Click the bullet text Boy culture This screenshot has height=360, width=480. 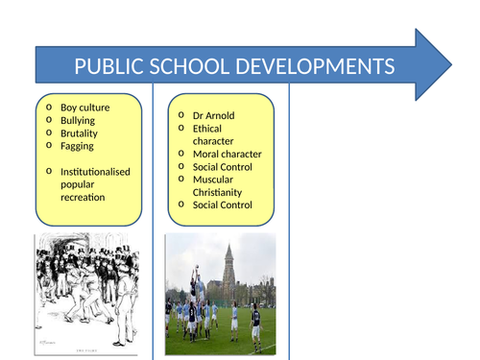(84, 108)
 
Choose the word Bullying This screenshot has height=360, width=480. (79, 121)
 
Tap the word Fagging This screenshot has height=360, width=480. (78, 146)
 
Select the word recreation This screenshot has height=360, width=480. (85, 197)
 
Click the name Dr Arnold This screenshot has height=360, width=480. (213, 116)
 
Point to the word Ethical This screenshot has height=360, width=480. (207, 129)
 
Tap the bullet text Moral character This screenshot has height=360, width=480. (227, 154)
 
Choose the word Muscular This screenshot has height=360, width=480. (214, 179)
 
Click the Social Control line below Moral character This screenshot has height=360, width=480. (223, 166)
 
